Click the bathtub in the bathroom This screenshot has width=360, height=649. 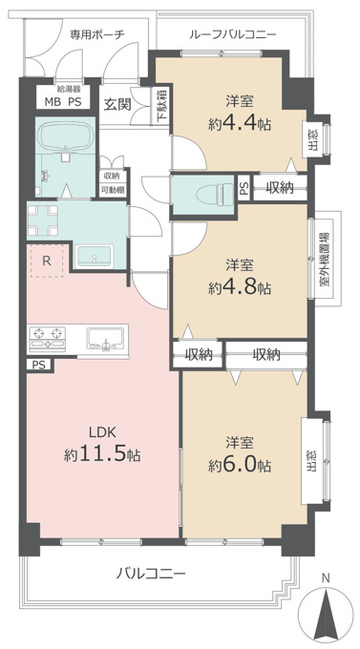tap(65, 136)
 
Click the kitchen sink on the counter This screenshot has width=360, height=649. tap(105, 339)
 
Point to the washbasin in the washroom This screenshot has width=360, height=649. tap(95, 256)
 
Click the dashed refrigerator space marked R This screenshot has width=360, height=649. tap(47, 261)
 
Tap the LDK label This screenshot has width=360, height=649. tap(102, 433)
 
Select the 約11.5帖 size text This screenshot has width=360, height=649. tap(102, 454)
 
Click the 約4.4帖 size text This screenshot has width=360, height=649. tap(240, 123)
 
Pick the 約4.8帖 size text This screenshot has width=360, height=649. tap(240, 287)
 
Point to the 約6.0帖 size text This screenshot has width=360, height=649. tap(240, 466)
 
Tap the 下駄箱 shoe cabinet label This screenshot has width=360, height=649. tap(162, 105)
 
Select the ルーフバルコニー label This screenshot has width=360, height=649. tap(232, 34)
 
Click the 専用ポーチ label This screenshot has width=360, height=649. tap(96, 34)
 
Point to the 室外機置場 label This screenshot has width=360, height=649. tap(326, 258)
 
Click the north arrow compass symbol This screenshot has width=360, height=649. tap(326, 613)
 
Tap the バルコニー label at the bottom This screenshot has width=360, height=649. tap(151, 574)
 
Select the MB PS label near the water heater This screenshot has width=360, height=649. tap(63, 102)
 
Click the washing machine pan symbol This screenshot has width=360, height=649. tap(42, 220)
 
